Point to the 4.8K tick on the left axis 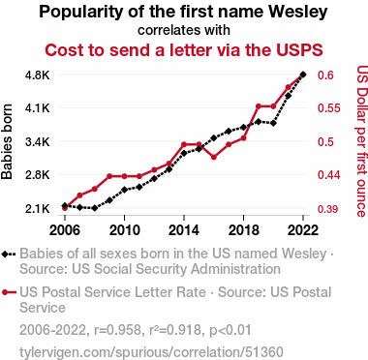pyautogui.click(x=38, y=75)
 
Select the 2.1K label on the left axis pyautogui.click(x=38, y=209)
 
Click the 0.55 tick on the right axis pyautogui.click(x=329, y=108)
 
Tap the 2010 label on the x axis pyautogui.click(x=124, y=230)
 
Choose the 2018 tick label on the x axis pyautogui.click(x=243, y=230)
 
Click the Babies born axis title pyautogui.click(x=7, y=141)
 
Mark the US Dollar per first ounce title pyautogui.click(x=362, y=141)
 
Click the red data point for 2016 pyautogui.click(x=214, y=158)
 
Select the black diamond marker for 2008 pyautogui.click(x=95, y=208)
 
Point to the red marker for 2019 pyautogui.click(x=259, y=106)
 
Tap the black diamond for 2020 pyautogui.click(x=273, y=123)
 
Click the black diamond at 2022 pyautogui.click(x=303, y=75)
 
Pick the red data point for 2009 pyautogui.click(x=109, y=176)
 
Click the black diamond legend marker pyautogui.click(x=5, y=254)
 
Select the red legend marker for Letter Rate pyautogui.click(x=5, y=292)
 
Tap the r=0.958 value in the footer pyautogui.click(x=117, y=330)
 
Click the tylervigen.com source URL pyautogui.click(x=151, y=352)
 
